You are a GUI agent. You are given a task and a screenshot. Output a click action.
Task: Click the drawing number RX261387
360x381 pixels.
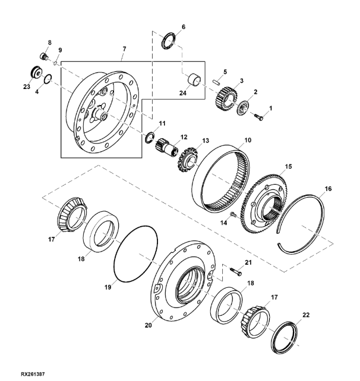coord(33,374)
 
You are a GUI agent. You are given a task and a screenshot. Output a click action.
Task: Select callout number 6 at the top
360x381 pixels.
coord(184,27)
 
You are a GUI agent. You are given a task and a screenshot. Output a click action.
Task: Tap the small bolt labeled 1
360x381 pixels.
coord(259,118)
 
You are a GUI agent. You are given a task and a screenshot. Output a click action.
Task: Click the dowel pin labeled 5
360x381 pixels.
coord(216,81)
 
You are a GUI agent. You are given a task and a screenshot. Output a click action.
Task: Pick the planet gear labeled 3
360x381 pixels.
coord(226,99)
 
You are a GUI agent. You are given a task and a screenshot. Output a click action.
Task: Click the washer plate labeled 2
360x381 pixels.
coord(244,108)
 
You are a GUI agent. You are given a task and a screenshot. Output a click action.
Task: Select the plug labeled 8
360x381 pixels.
coord(44,56)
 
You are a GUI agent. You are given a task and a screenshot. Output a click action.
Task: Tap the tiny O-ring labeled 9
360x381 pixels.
coord(55,63)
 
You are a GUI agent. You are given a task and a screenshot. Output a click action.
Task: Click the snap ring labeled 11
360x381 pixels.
coord(150,137)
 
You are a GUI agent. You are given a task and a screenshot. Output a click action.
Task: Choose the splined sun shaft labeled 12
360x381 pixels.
coord(165,148)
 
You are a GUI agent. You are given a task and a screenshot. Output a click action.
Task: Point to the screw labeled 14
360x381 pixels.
coord(233,215)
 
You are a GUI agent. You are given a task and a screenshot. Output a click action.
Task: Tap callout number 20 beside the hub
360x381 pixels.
coord(148,325)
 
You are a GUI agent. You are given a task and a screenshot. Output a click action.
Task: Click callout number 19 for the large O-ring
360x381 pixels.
coord(108,287)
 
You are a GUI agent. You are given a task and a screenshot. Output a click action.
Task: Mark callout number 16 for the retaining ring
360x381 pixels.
coord(328,189)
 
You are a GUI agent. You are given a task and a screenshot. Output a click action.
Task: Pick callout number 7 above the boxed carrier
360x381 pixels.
coord(124,49)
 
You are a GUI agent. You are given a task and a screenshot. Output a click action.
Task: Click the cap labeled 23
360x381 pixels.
coord(36,72)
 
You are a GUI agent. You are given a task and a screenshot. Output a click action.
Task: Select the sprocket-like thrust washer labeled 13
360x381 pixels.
coord(188,160)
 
